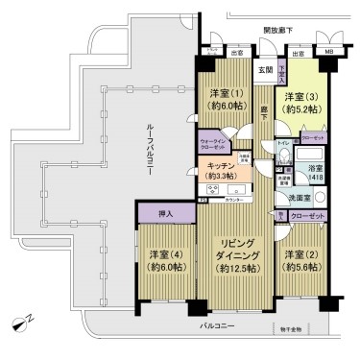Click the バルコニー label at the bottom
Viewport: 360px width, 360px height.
coord(218,328)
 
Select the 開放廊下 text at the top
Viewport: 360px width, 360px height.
coord(277,32)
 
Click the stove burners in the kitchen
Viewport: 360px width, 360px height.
coord(213,190)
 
